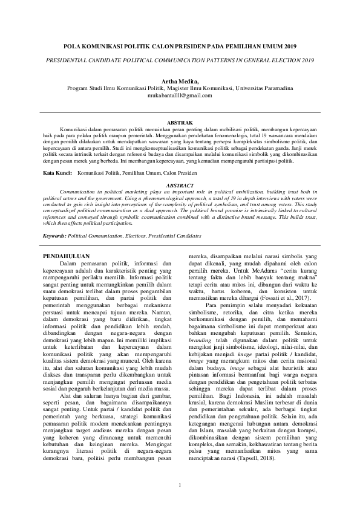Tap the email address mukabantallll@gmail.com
(x=180, y=96)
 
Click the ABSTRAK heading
(x=180, y=123)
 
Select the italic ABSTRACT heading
(x=180, y=185)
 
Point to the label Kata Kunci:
(x=57, y=173)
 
